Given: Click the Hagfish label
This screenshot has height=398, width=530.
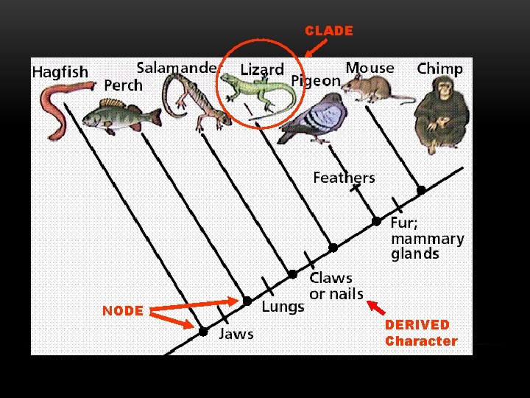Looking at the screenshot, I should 60,72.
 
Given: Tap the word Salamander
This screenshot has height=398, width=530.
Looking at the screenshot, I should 178,67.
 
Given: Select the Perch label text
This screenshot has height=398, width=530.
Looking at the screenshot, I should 123,85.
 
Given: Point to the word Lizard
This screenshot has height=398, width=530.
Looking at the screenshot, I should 262,70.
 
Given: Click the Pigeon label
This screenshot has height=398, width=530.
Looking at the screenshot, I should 316,80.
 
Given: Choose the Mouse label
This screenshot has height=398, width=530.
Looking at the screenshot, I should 370,68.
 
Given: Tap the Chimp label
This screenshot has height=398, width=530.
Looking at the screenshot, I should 439,69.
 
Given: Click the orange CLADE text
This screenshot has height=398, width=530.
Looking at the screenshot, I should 329,31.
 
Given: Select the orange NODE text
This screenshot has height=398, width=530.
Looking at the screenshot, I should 123,311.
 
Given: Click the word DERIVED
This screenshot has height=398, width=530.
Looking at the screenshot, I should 417,325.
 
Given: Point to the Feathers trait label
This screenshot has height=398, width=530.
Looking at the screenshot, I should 344,178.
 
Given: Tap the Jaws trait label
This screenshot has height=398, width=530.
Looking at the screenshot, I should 236,334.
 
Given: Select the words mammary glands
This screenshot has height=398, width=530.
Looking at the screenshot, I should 427,246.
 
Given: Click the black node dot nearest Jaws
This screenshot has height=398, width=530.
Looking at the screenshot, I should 202,332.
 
